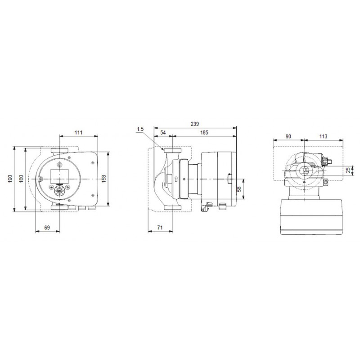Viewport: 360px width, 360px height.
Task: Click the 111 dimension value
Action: [78, 132]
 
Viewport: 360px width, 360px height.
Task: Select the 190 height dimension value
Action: [10, 179]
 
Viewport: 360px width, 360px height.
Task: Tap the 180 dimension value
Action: [21, 179]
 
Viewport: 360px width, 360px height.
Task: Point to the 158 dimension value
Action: [104, 179]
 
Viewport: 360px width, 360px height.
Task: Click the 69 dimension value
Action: [47, 228]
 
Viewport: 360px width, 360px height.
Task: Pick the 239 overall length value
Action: [195, 124]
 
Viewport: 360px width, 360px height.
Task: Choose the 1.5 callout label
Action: [140, 129]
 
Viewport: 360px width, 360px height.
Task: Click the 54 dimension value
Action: [163, 132]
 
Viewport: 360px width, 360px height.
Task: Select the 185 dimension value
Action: [204, 132]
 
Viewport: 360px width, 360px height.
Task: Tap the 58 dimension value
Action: [239, 189]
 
